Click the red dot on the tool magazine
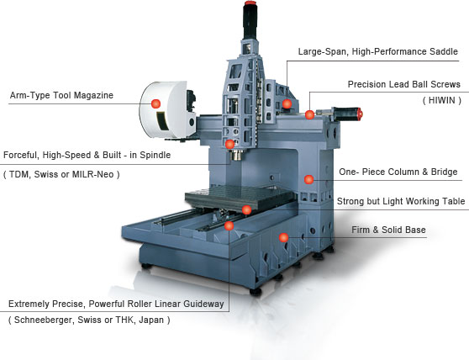click(155, 103)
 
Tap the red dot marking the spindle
click(229, 144)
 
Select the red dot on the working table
click(246, 209)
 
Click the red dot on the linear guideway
click(229, 225)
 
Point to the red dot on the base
click(283, 237)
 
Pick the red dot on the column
click(308, 179)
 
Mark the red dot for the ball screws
click(309, 114)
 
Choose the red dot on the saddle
click(287, 103)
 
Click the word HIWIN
click(442, 100)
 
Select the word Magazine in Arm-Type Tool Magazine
click(93, 95)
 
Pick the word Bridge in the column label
click(444, 172)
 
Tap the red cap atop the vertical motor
click(249, 3)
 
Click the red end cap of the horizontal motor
click(359, 114)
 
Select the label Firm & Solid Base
click(388, 230)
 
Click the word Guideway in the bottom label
click(203, 304)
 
